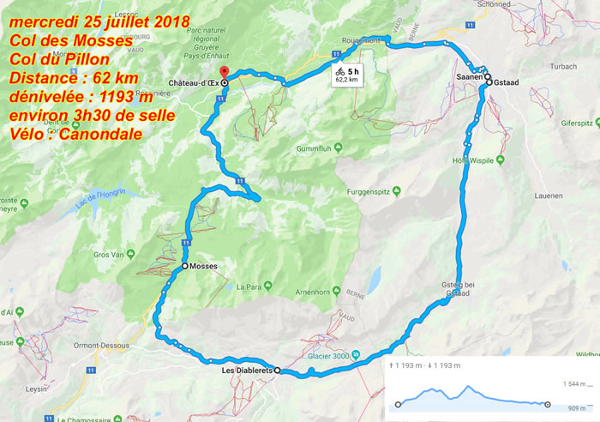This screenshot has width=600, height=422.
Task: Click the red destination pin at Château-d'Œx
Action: [224, 72]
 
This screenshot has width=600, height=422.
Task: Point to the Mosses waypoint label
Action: [204, 267]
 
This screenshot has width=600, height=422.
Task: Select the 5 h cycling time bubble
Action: [347, 75]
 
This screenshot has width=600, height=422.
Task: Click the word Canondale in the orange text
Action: [104, 135]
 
